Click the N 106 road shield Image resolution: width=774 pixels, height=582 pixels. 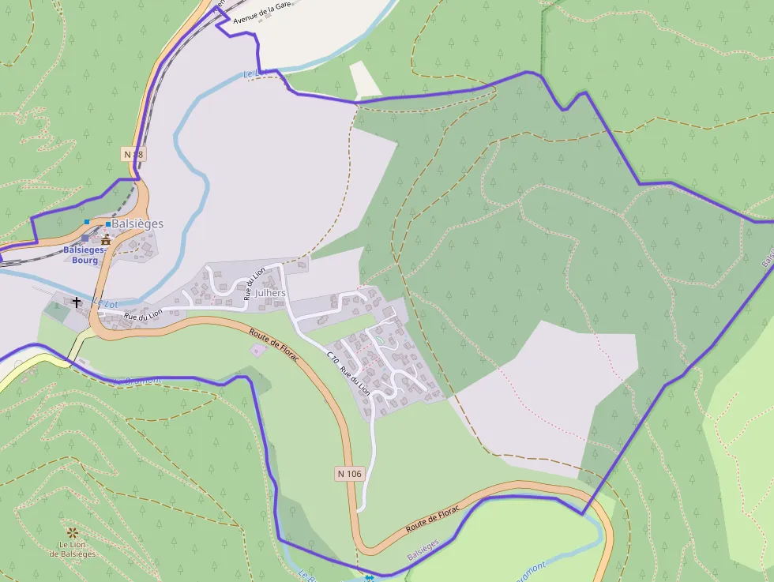tap(348, 474)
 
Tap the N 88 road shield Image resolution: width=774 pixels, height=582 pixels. tap(133, 154)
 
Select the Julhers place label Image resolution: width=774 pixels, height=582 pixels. tap(270, 293)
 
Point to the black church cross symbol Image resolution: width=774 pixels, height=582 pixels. tap(77, 302)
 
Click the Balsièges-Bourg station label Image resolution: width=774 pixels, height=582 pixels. tap(81, 255)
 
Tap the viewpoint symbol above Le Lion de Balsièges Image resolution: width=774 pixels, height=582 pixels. tap(73, 533)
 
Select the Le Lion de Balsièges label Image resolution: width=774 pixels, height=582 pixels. tap(73, 549)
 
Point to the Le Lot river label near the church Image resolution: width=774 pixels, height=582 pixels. tap(104, 302)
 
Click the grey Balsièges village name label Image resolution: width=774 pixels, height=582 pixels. tap(137, 223)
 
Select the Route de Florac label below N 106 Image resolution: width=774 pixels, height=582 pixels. tap(432, 518)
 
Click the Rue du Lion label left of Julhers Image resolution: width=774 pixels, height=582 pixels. tap(254, 284)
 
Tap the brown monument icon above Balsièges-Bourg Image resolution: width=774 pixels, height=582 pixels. tap(105, 238)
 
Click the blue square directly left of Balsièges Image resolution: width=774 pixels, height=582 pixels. tap(108, 224)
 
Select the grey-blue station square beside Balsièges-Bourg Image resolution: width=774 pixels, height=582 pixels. tap(85, 238)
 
